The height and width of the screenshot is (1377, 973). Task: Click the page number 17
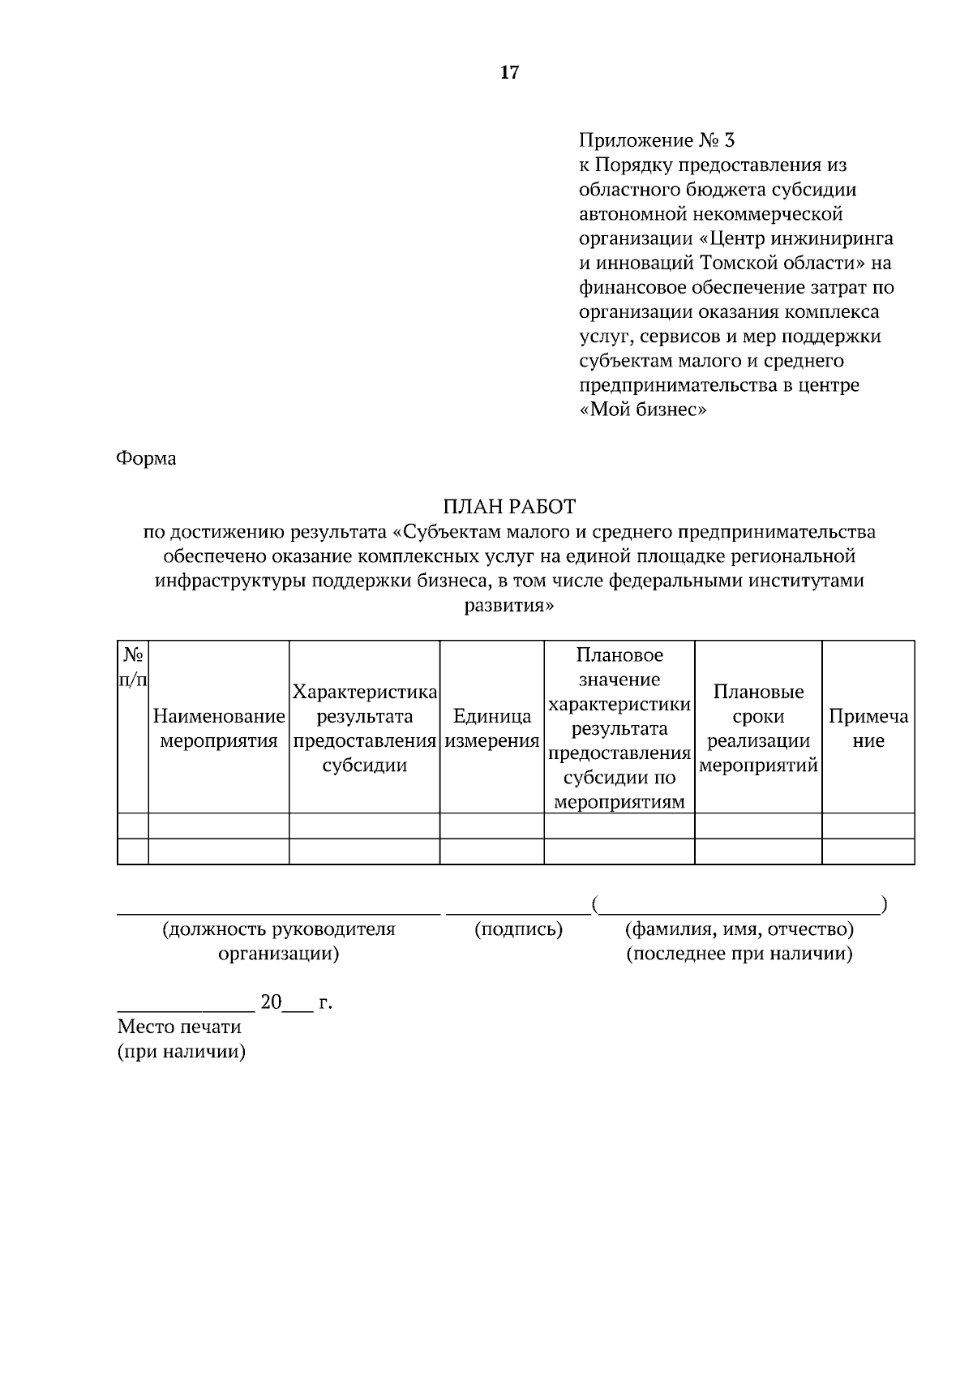click(x=509, y=73)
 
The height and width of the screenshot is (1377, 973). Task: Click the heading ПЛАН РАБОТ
click(x=509, y=507)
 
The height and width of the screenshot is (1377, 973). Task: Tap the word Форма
click(x=147, y=458)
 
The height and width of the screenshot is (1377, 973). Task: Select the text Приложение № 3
click(x=657, y=140)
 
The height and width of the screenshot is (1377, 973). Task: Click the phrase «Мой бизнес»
click(x=644, y=410)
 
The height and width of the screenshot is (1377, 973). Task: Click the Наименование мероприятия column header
click(x=219, y=728)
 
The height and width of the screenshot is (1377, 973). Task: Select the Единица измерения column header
click(x=492, y=728)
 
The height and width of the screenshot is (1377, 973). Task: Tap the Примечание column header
click(x=868, y=728)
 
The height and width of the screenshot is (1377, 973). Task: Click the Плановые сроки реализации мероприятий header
click(x=758, y=728)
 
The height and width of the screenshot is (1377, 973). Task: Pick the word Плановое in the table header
click(x=619, y=654)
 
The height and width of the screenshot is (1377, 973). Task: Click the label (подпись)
click(x=518, y=929)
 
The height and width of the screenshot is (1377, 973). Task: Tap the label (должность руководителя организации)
click(x=279, y=941)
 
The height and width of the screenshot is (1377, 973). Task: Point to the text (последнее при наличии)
click(x=739, y=954)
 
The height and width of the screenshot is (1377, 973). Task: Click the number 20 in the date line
click(x=271, y=1002)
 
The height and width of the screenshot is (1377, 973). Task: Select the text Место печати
click(x=179, y=1027)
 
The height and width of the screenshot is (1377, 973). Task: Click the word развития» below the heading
click(x=509, y=605)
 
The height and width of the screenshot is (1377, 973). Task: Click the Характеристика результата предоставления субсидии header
click(x=365, y=728)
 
